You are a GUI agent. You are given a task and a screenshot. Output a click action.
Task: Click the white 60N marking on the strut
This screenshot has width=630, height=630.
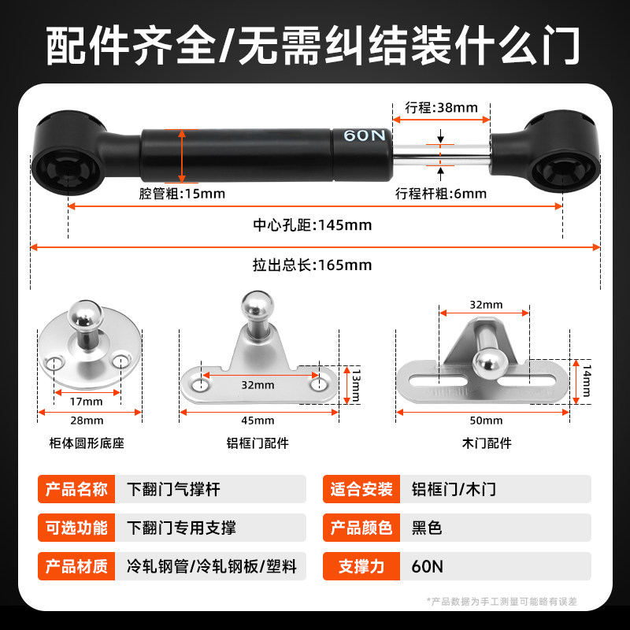[x=364, y=135]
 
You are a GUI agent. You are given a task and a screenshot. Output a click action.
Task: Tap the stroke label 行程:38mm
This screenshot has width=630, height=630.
[x=441, y=108]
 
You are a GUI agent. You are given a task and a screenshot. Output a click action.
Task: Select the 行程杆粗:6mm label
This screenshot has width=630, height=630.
[x=441, y=194]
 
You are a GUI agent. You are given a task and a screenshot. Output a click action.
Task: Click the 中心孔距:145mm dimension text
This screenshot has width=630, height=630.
[x=312, y=226]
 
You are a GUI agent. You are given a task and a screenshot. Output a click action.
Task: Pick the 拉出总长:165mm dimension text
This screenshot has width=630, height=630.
[x=312, y=265]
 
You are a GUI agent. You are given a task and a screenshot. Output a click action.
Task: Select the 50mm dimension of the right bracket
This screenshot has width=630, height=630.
[x=486, y=421]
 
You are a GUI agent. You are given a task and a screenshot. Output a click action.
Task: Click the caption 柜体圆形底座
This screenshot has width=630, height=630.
[x=87, y=443]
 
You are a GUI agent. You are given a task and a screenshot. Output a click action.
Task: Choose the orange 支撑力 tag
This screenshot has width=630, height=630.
[x=360, y=566]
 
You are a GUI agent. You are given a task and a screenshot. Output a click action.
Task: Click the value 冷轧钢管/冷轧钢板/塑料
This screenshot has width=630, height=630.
[x=211, y=566]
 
